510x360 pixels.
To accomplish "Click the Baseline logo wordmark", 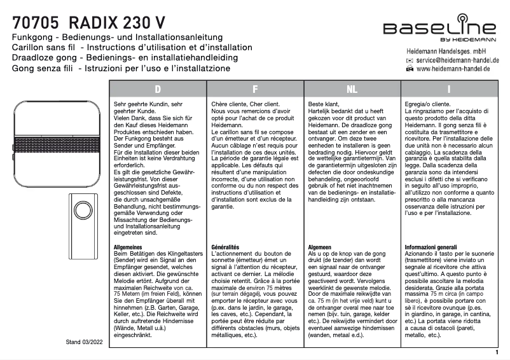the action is (439, 28).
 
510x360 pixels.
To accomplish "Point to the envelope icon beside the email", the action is (410, 60).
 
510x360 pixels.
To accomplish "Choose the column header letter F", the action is (254, 89).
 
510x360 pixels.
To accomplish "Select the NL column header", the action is (351, 89).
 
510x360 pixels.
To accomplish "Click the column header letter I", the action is (449, 89).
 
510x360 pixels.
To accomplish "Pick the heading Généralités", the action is (225, 247).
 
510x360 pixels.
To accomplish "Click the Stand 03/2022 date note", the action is (85, 342).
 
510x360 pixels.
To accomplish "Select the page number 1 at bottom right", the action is (496, 351).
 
